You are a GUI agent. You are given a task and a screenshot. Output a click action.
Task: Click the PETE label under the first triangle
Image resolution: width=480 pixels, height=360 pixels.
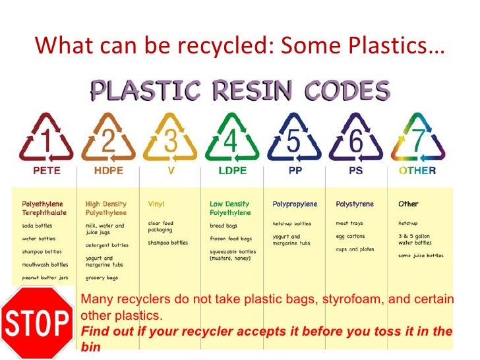pyautogui.click(x=47, y=171)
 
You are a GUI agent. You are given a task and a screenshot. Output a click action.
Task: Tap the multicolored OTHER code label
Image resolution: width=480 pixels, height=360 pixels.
pyautogui.click(x=417, y=171)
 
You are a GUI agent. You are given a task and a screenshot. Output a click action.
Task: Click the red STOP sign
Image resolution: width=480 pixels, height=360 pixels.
pyautogui.click(x=37, y=322)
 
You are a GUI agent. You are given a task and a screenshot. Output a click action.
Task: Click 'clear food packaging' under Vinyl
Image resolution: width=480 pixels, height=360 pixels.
pyautogui.click(x=160, y=226)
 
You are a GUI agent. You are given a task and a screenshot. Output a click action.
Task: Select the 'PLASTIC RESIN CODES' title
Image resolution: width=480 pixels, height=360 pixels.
pyautogui.click(x=240, y=90)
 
